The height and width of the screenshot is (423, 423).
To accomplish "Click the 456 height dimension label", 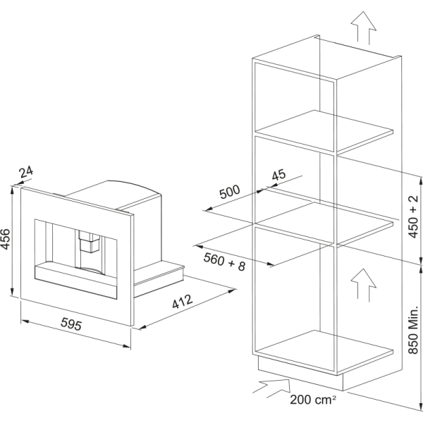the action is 6,239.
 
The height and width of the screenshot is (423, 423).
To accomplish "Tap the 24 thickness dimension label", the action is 26,172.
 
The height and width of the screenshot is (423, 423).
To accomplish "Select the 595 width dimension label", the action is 71,324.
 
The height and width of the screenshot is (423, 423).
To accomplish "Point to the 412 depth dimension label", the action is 183,301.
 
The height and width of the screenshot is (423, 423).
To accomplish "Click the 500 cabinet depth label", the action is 229,192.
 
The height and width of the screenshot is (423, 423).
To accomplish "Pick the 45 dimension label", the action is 278,175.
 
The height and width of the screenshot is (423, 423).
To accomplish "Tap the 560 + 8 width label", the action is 224,262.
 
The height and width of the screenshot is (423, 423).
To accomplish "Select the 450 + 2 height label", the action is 413,216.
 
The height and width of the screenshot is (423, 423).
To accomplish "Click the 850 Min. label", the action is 413,330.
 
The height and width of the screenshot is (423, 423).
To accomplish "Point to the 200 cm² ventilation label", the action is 313,400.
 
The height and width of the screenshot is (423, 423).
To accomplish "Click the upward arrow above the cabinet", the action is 364,27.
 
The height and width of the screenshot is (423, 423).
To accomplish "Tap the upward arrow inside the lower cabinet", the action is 364,285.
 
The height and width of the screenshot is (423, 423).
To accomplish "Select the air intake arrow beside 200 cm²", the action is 271,388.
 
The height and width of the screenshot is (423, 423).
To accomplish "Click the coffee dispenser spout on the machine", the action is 90,241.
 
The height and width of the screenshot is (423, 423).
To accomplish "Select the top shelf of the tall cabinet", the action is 324,131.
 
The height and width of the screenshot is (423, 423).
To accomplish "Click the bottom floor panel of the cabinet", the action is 324,350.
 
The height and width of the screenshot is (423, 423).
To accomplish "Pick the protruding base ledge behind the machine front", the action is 159,278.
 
